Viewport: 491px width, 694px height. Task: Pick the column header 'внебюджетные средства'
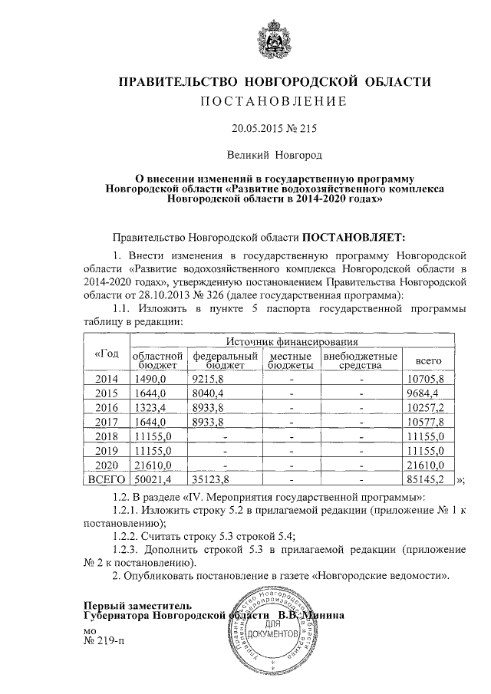click(360, 360)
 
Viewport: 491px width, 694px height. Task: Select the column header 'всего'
click(428, 360)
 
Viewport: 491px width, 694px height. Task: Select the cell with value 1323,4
click(150, 406)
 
